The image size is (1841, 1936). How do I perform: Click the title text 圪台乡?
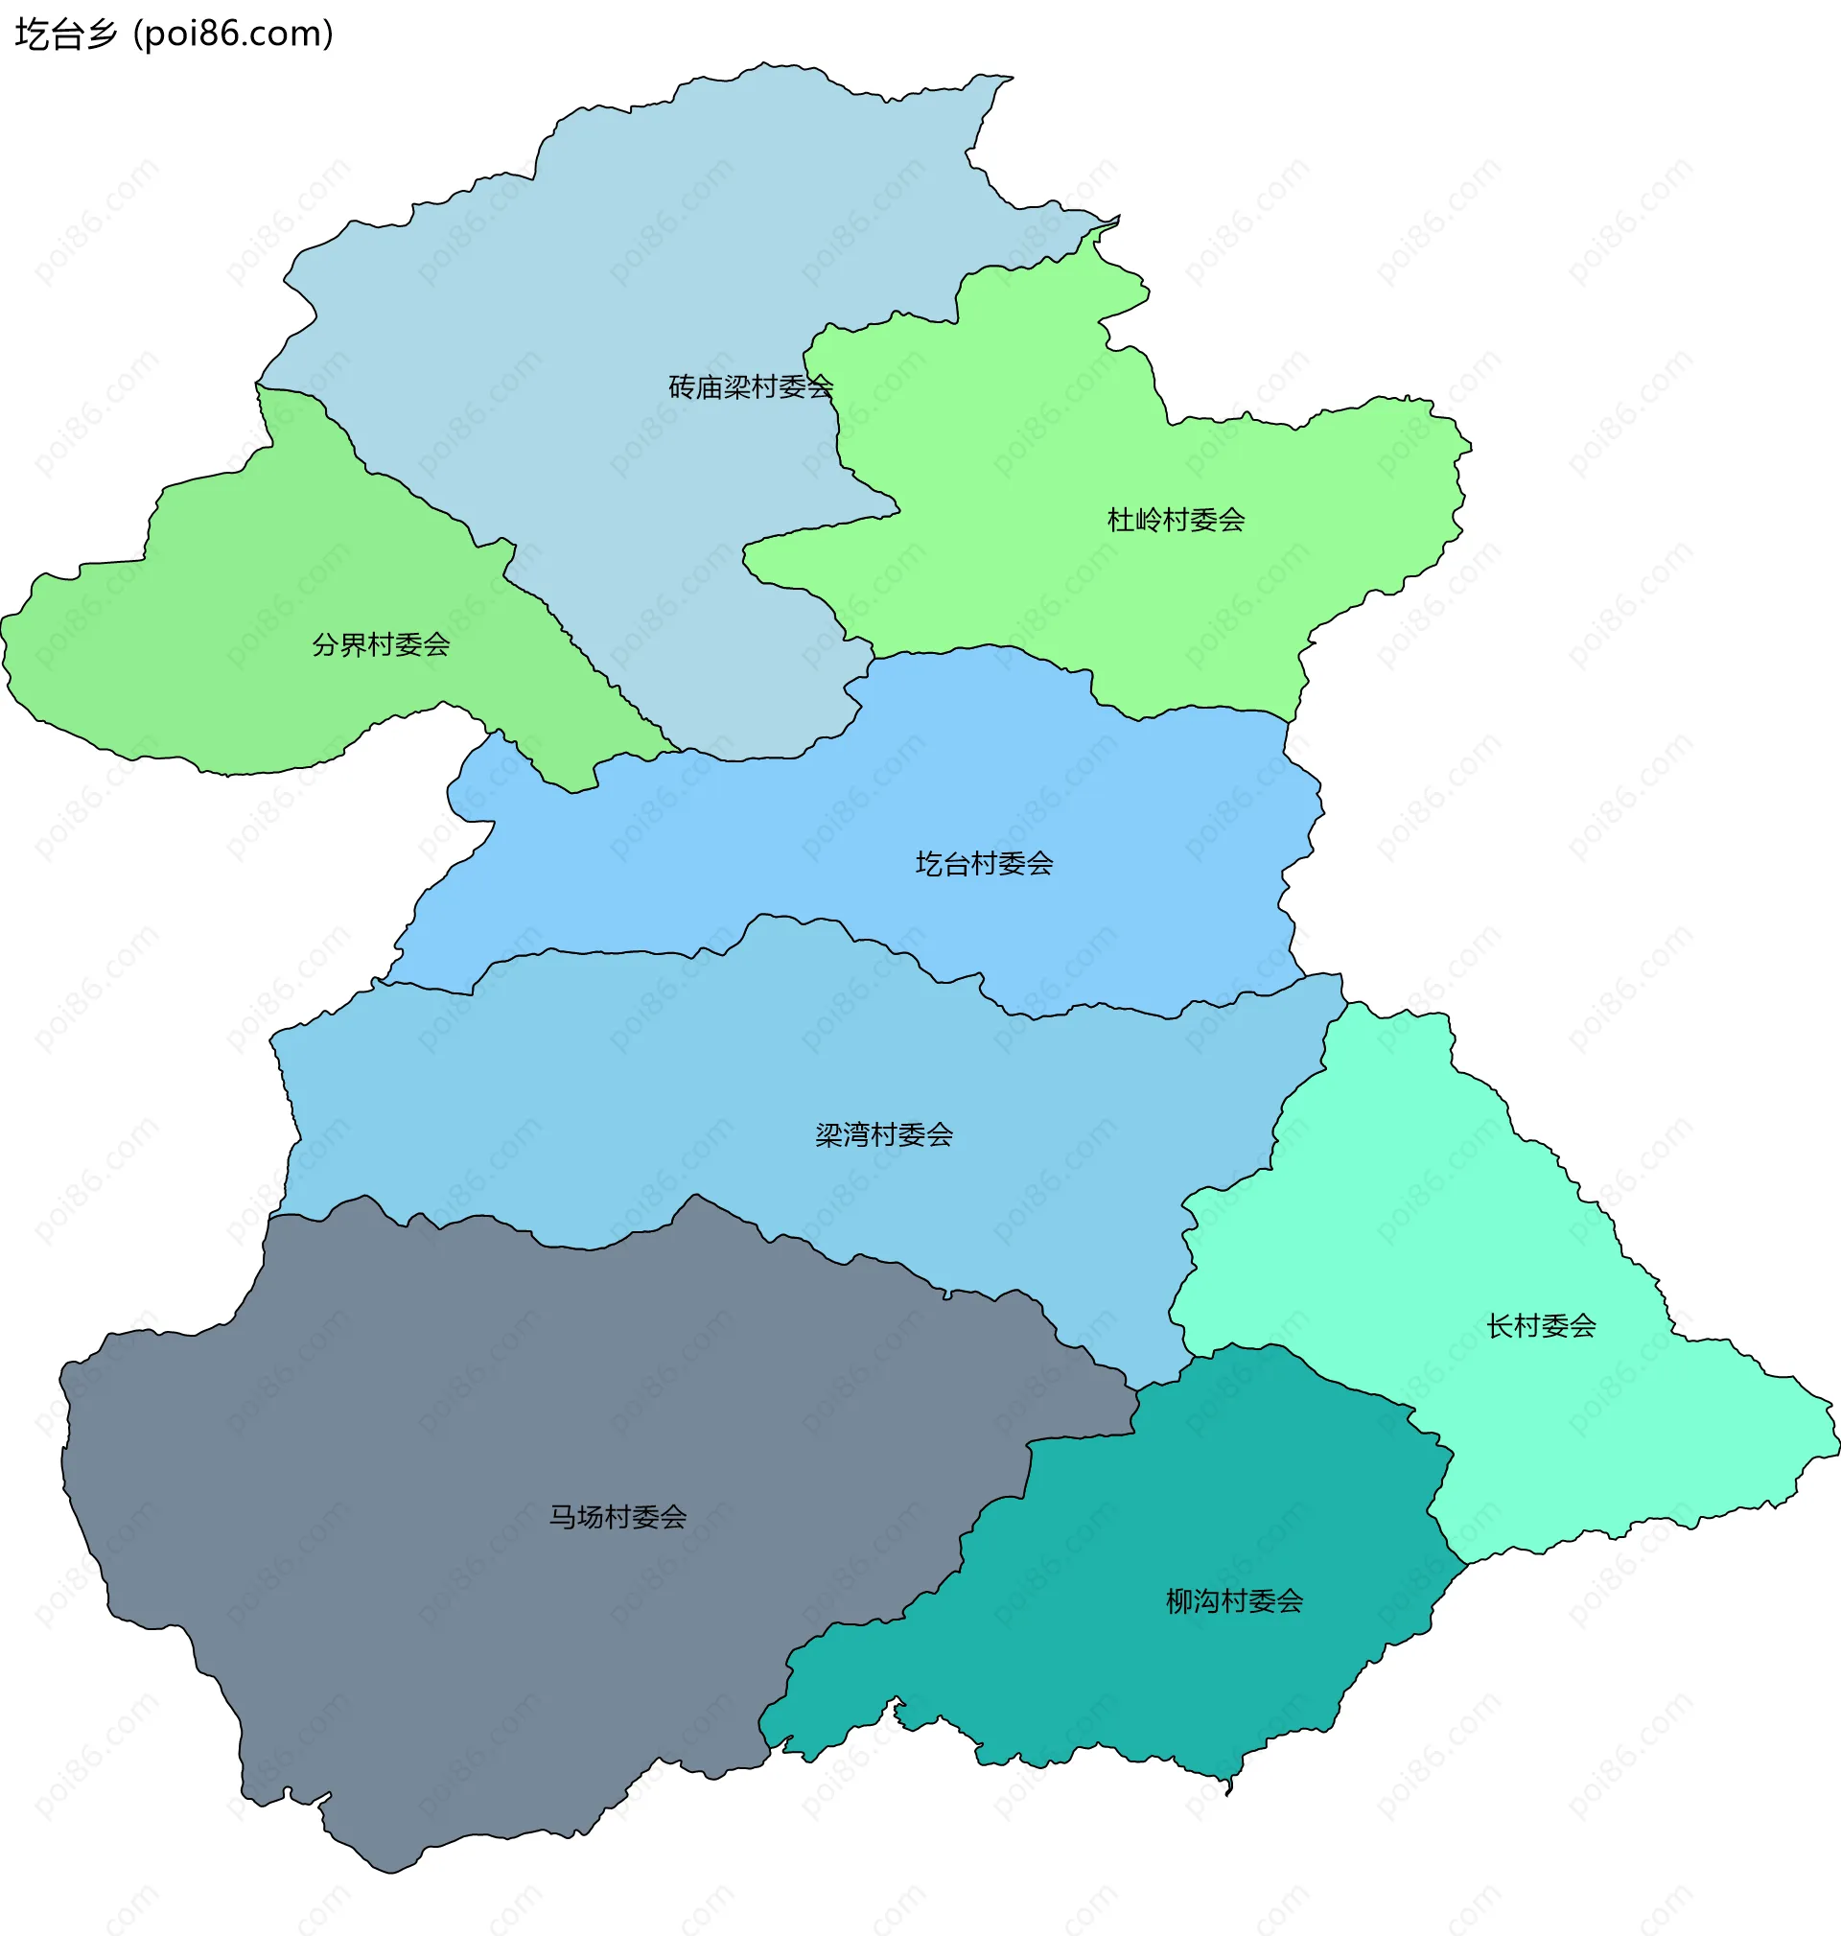[x=66, y=35]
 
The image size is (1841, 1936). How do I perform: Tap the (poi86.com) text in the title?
[x=234, y=35]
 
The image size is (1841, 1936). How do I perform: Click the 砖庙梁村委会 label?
[x=751, y=387]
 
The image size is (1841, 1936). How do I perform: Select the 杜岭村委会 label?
[x=1176, y=520]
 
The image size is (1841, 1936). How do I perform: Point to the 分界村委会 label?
[x=381, y=644]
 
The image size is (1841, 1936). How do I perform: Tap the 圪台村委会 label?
[x=985, y=864]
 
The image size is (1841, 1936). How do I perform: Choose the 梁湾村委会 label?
[x=884, y=1135]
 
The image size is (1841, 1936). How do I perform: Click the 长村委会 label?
[x=1541, y=1325]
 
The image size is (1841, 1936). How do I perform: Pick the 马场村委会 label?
[x=618, y=1517]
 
